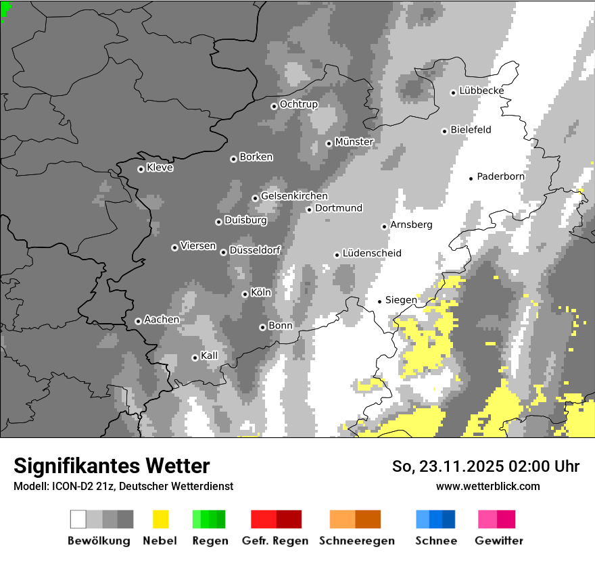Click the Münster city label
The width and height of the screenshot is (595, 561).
(354, 142)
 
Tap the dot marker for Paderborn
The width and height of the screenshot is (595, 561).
(471, 178)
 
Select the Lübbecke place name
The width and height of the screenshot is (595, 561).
(481, 91)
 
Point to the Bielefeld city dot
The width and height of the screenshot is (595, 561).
(445, 131)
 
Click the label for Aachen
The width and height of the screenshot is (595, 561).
(162, 320)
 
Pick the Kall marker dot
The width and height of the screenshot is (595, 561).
(195, 358)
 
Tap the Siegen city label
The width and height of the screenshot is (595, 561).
(401, 300)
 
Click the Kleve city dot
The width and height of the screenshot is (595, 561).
(141, 169)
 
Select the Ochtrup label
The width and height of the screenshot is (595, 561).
(298, 105)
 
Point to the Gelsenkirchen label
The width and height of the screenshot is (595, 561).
(294, 196)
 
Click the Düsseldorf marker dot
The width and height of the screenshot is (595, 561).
(223, 252)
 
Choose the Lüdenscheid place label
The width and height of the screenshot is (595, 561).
(372, 253)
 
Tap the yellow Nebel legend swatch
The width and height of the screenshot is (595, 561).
(160, 519)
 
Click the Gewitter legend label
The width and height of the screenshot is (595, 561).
(498, 541)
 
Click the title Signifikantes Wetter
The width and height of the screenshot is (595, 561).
(112, 466)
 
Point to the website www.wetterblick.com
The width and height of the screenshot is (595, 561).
(487, 486)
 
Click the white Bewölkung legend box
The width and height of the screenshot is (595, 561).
(78, 519)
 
